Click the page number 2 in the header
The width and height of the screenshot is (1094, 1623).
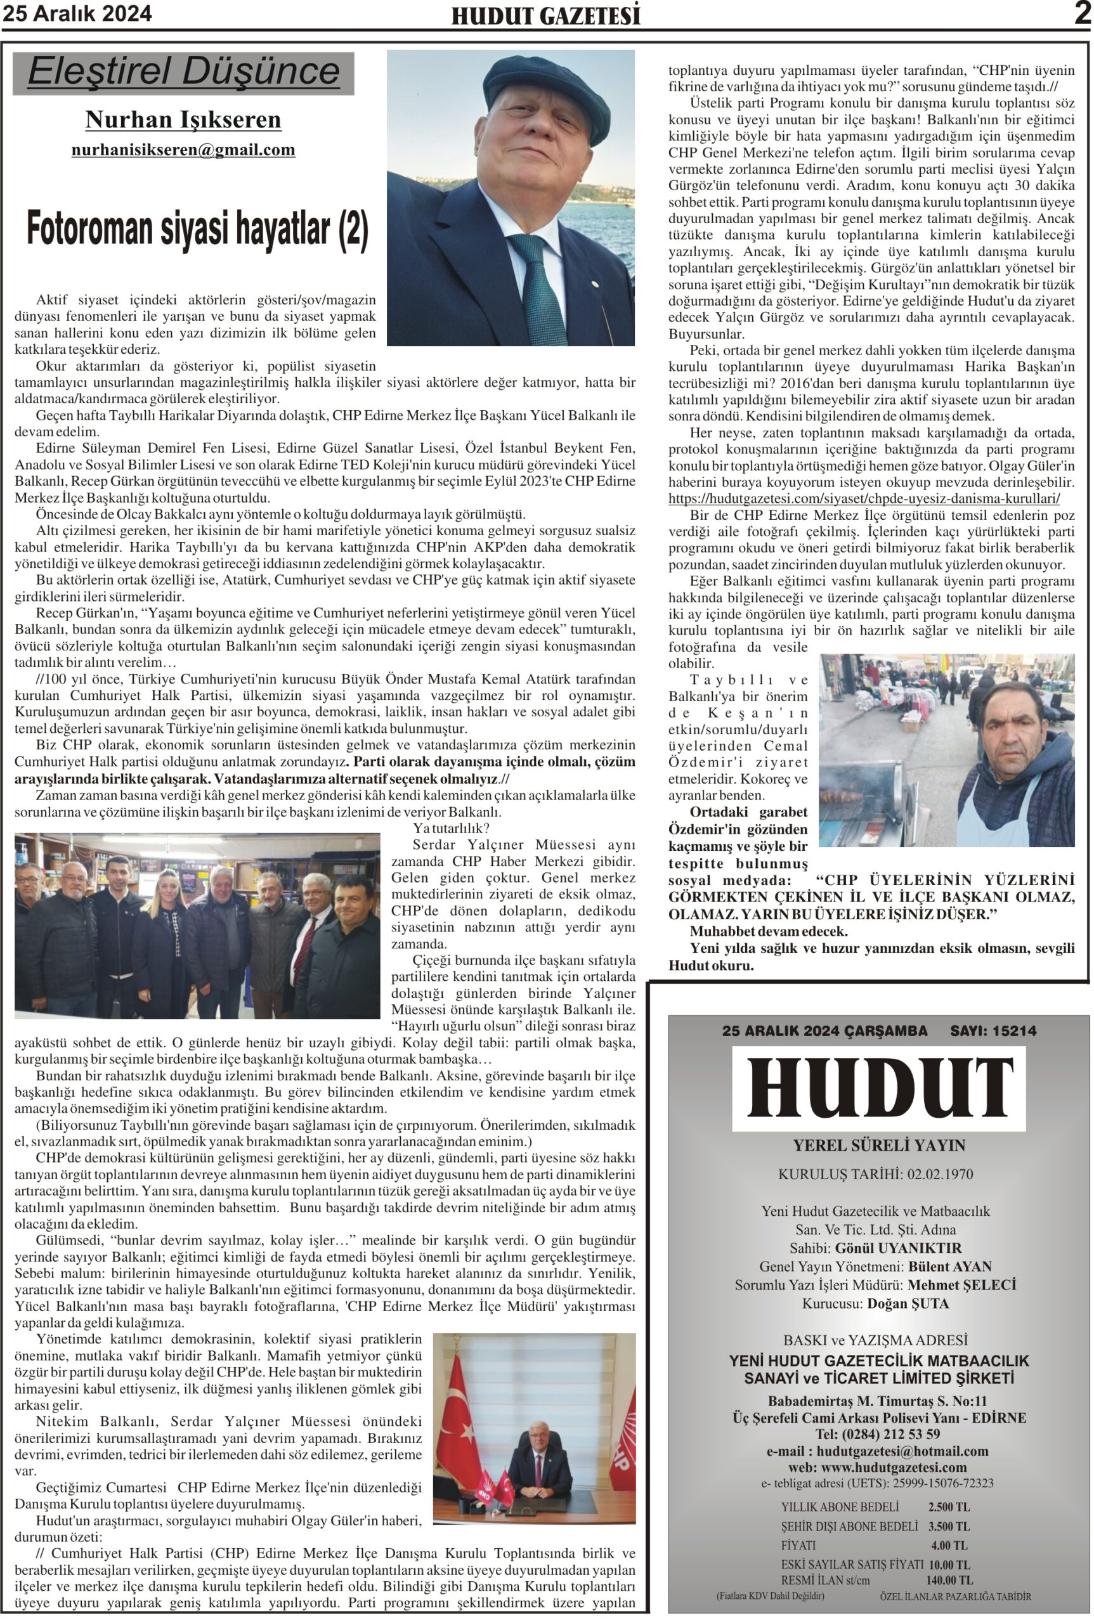pyautogui.click(x=1082, y=14)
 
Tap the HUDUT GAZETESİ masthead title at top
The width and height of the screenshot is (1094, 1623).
pyautogui.click(x=545, y=16)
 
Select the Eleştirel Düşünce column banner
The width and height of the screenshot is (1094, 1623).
pyautogui.click(x=183, y=72)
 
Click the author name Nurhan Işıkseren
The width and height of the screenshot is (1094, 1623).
pyautogui.click(x=183, y=120)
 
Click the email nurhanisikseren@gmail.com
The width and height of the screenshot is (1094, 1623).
pyautogui.click(x=183, y=150)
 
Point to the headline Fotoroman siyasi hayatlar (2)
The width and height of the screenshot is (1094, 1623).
pyautogui.click(x=197, y=230)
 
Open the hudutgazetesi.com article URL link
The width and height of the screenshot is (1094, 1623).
pyautogui.click(x=864, y=499)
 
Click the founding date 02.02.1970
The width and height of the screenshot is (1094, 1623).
pyautogui.click(x=940, y=1174)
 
